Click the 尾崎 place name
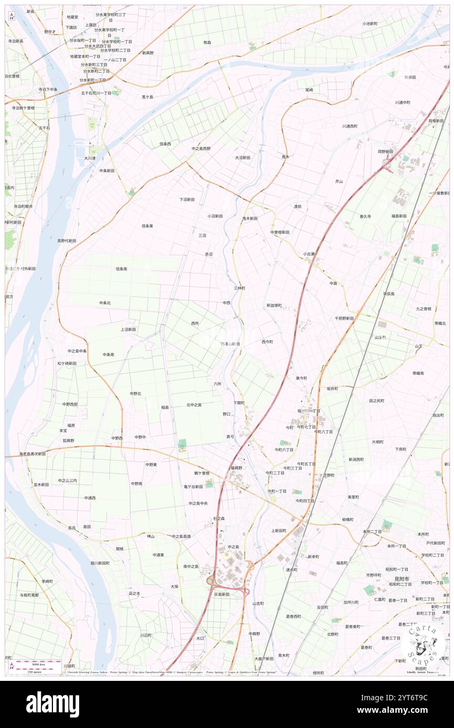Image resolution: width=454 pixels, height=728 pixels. pyautogui.click(x=309, y=90)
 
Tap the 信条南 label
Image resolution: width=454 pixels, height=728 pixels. pyautogui.click(x=121, y=269)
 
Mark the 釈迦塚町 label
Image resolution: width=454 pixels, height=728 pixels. pyautogui.click(x=274, y=305)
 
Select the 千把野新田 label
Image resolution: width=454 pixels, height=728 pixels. pyautogui.click(x=344, y=318)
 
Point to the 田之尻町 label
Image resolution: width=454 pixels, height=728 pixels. pyautogui.click(x=376, y=400)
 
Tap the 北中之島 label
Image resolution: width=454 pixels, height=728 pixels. pyautogui.click(x=194, y=405)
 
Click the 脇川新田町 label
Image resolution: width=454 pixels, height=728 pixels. pyautogui.click(x=100, y=563)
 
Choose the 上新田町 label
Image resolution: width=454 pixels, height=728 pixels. pyautogui.click(x=279, y=531)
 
